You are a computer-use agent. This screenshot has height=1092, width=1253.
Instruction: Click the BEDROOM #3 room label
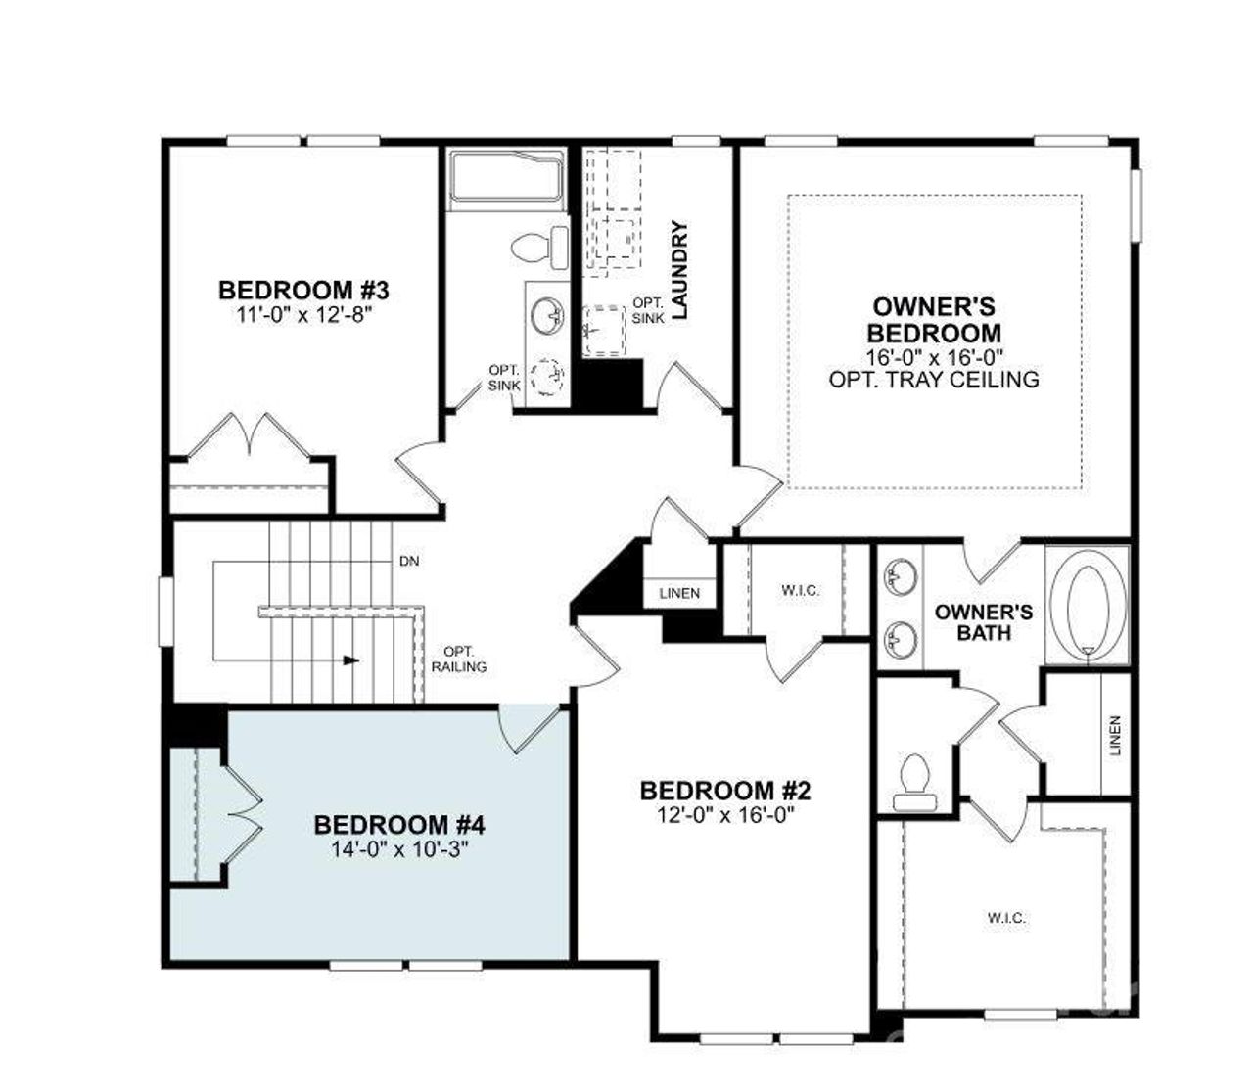tap(303, 291)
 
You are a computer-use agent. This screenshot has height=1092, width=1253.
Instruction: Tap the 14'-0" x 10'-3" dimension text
tap(399, 849)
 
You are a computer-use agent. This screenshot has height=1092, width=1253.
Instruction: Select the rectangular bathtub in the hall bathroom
tap(506, 178)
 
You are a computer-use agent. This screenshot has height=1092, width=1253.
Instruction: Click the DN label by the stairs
tap(410, 563)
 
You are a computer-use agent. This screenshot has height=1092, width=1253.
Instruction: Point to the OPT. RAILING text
tap(459, 660)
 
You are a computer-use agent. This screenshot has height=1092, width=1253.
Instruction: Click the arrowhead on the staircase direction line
tap(351, 660)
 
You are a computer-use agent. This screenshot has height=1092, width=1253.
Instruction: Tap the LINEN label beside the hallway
tap(679, 594)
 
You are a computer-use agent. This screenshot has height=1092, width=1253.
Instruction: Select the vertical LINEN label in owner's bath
tap(1115, 736)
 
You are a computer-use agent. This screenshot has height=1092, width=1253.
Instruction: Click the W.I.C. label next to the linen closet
tap(800, 591)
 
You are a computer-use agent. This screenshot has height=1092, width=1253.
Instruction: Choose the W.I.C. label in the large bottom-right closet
tap(1006, 918)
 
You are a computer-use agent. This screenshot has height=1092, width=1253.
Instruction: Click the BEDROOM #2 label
tap(725, 791)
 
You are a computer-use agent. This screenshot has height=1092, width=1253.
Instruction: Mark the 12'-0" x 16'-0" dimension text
tap(725, 815)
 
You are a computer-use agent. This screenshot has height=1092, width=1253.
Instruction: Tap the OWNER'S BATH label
tap(983, 622)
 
